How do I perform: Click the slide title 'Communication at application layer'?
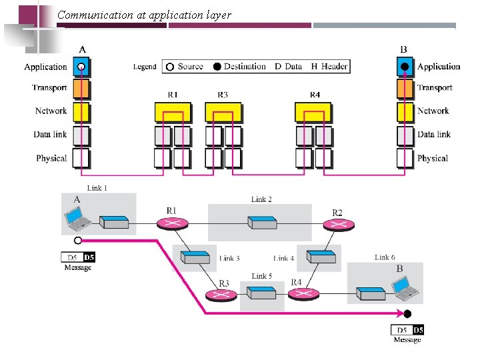click(144, 15)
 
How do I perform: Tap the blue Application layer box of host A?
click(81, 67)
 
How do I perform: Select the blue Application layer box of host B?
click(405, 67)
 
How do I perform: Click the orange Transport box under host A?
click(81, 87)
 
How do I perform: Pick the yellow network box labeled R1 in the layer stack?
click(172, 112)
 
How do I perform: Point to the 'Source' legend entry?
click(185, 66)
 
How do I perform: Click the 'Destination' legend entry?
click(240, 66)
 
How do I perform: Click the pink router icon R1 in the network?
click(172, 222)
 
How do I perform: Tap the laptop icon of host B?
click(406, 287)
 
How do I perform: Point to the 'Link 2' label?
click(261, 199)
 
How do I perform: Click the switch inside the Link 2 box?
click(260, 221)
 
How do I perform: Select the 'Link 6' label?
click(385, 257)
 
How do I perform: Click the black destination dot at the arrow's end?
click(408, 313)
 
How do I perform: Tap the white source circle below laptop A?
click(78, 240)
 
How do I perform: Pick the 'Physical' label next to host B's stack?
click(432, 158)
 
